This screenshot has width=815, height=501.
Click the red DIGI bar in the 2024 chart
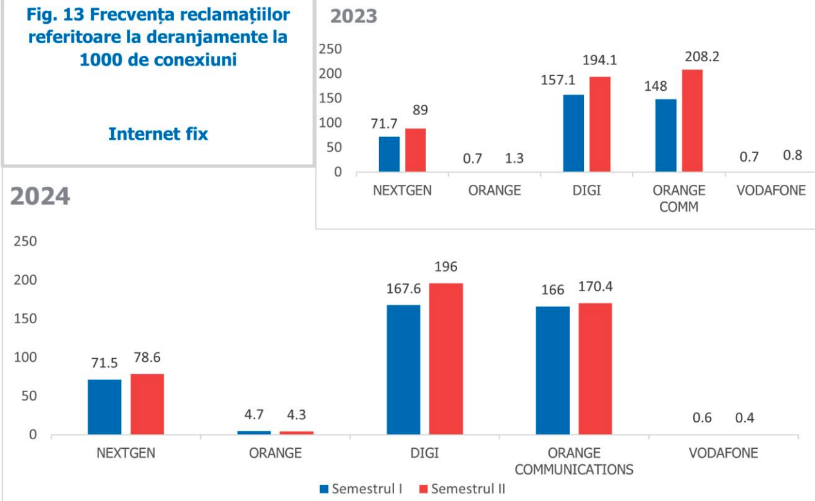pyautogui.click(x=445, y=359)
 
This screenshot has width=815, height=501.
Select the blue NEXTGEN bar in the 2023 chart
pyautogui.click(x=389, y=154)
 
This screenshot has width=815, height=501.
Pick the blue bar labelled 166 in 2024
pyautogui.click(x=552, y=370)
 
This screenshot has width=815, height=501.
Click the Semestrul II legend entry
pyautogui.click(x=461, y=489)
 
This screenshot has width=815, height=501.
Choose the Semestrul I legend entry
pyautogui.click(x=361, y=489)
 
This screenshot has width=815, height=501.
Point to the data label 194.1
pyautogui.click(x=600, y=61)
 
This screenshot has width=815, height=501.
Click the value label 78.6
pyautogui.click(x=147, y=357)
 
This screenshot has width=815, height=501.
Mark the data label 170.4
pyautogui.click(x=595, y=287)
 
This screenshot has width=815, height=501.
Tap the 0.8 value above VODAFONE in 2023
pyautogui.click(x=792, y=155)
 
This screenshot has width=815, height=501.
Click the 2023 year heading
pyautogui.click(x=353, y=16)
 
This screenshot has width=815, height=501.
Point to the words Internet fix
pyautogui.click(x=158, y=134)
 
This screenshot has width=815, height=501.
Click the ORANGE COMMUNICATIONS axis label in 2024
pyautogui.click(x=574, y=461)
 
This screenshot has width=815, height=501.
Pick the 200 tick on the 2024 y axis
pyautogui.click(x=26, y=280)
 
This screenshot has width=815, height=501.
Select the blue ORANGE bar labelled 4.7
pyautogui.click(x=254, y=432)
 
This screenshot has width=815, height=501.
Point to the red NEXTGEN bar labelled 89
pyautogui.click(x=415, y=150)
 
